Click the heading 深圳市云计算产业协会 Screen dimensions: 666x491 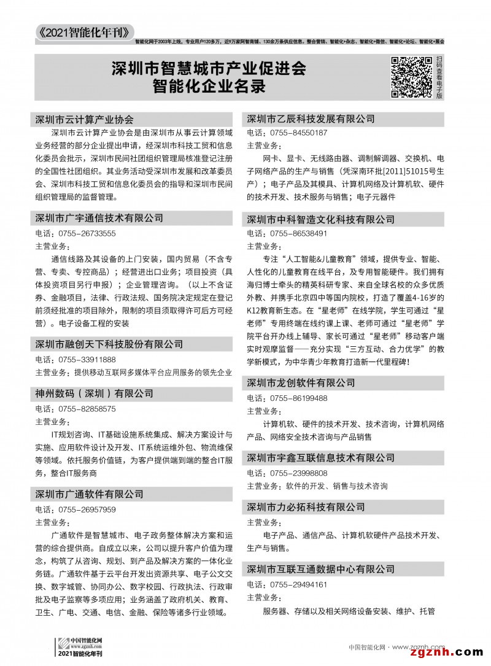point(85,119)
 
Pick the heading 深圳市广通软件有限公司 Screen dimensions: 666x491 point(90,494)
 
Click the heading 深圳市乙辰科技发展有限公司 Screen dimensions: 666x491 point(311,118)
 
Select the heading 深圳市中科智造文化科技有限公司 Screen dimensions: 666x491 point(320,219)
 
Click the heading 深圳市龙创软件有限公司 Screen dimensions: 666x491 point(301,383)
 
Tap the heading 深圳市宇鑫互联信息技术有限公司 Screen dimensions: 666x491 point(320,458)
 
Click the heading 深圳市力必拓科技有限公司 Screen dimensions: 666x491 point(306,507)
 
